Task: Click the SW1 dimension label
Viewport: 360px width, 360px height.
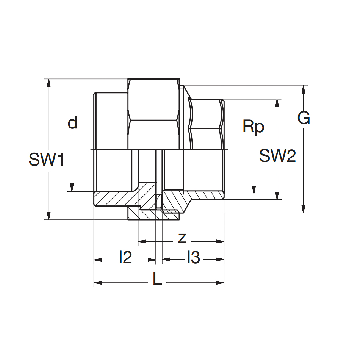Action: [47, 160]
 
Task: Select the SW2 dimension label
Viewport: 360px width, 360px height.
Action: [277, 156]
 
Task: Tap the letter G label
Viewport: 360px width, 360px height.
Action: [304, 118]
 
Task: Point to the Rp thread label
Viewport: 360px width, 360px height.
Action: [254, 127]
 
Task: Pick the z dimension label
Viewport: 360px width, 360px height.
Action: [182, 238]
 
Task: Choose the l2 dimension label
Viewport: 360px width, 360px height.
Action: [125, 258]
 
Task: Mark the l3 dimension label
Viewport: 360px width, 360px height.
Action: [193, 258]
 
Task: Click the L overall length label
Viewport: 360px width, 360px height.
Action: [157, 280]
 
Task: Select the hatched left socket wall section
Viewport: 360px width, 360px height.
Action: [114, 199]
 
